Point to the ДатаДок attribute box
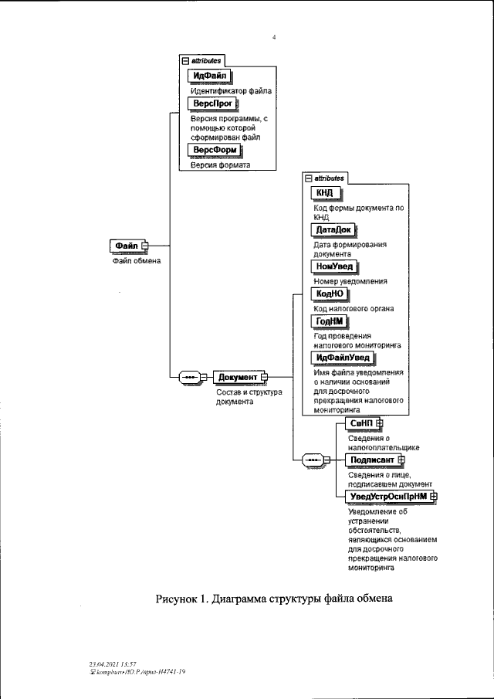[333, 229]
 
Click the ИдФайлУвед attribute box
[342, 358]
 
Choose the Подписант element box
[373, 460]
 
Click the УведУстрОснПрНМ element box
[389, 496]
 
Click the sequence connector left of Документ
[189, 377]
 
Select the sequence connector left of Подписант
[313, 460]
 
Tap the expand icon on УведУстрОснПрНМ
[434, 496]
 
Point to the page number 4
[274, 36]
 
